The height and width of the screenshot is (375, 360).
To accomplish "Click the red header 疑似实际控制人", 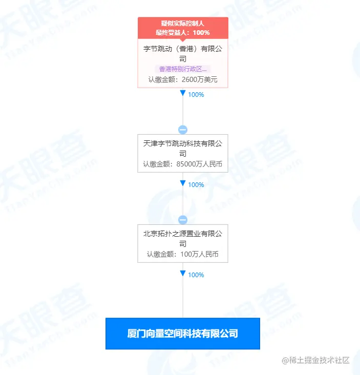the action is click(183, 24).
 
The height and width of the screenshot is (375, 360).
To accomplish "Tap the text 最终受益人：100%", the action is click(183, 32).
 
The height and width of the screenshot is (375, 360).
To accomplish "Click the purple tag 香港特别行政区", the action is click(183, 69).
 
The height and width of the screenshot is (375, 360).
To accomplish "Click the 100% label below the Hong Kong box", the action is click(196, 95).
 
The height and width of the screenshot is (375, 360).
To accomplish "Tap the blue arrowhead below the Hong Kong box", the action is click(183, 94).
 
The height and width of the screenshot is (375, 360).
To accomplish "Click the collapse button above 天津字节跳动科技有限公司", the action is click(183, 130).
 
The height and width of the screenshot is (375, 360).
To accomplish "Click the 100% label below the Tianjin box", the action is click(196, 185).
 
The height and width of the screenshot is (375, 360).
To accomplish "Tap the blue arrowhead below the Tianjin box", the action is click(183, 183).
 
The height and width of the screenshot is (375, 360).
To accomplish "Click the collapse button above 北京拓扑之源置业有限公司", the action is click(183, 219).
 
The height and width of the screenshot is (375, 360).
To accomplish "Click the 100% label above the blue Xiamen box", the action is click(196, 275).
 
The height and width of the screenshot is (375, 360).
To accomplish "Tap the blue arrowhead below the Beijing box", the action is click(183, 274).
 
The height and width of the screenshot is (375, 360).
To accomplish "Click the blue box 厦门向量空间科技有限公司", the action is click(183, 334).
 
